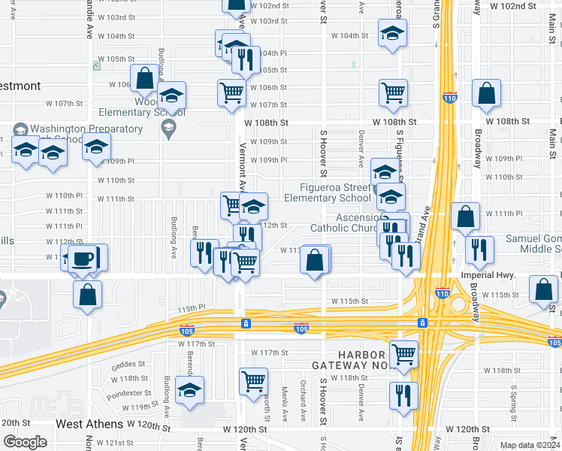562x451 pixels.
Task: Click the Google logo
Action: pyautogui.click(x=25, y=442)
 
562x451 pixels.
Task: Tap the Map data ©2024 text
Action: pyautogui.click(x=530, y=445)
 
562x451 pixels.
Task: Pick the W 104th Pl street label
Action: pyautogui.click(x=272, y=53)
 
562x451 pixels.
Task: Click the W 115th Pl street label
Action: pyautogui.click(x=192, y=307)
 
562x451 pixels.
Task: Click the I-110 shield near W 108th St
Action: pyautogui.click(x=450, y=98)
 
